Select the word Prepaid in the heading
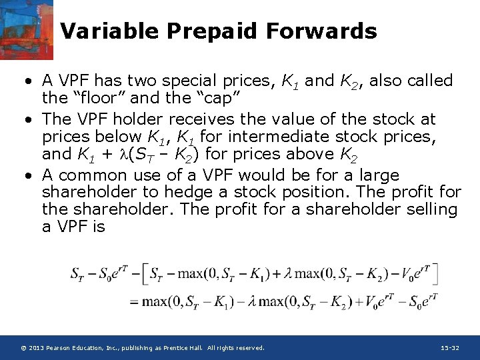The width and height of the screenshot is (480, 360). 212,31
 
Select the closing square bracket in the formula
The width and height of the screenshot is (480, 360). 435,274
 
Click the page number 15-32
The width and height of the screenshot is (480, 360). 450,348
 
